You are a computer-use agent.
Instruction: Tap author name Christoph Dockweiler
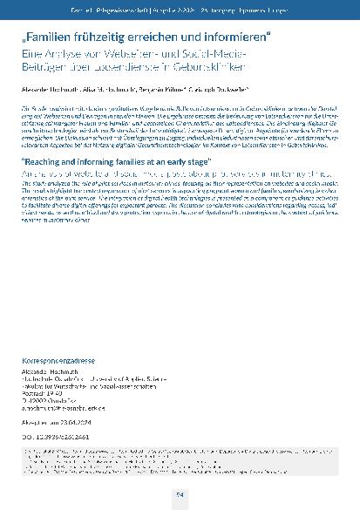(224, 89)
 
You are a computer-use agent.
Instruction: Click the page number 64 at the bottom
(180, 495)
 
